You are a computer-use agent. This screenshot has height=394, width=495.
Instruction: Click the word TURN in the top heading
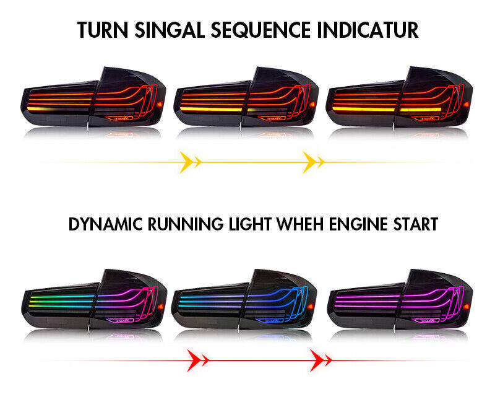(103, 30)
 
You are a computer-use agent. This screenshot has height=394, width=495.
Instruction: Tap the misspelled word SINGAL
(170, 30)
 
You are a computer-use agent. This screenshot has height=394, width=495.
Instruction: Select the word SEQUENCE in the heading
(260, 30)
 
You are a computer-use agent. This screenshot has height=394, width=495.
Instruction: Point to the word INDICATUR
(368, 30)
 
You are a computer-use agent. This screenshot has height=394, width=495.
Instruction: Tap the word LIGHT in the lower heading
(250, 224)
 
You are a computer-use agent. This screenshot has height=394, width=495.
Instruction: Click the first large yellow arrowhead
(187, 162)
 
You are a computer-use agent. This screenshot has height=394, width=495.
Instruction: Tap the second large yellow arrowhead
(310, 162)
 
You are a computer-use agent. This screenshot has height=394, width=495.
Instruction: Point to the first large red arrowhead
(194, 360)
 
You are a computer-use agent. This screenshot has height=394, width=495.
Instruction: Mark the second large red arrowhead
(317, 360)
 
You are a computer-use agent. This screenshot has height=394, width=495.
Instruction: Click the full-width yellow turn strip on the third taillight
(386, 109)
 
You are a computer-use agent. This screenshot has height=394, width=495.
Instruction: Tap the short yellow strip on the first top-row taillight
(40, 108)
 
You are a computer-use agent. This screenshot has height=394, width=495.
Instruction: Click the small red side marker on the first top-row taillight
(160, 103)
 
